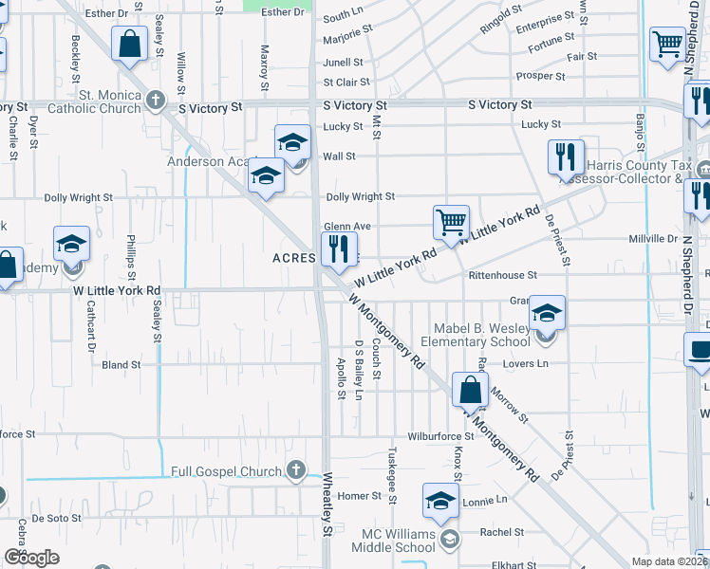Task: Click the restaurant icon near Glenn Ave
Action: click(x=337, y=249)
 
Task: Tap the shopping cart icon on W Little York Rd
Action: click(x=451, y=222)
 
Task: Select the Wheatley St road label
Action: click(x=328, y=519)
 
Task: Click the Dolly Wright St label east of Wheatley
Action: click(x=360, y=197)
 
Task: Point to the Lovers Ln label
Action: click(x=530, y=363)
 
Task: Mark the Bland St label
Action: click(x=121, y=364)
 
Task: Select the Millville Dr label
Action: click(x=653, y=239)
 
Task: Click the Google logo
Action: click(x=31, y=558)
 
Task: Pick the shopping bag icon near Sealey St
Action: click(x=128, y=44)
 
